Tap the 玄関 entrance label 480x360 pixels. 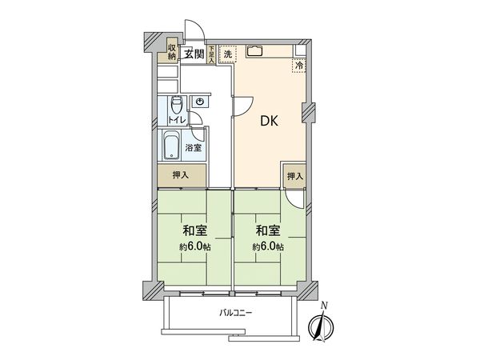click(193, 54)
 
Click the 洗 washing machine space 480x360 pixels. click(228, 54)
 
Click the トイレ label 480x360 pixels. click(178, 120)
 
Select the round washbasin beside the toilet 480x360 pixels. click(199, 102)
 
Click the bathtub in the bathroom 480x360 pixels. click(172, 146)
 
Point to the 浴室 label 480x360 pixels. click(194, 148)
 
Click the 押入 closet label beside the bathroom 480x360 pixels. click(181, 175)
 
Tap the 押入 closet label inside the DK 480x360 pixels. click(295, 175)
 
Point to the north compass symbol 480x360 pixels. click(322, 325)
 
